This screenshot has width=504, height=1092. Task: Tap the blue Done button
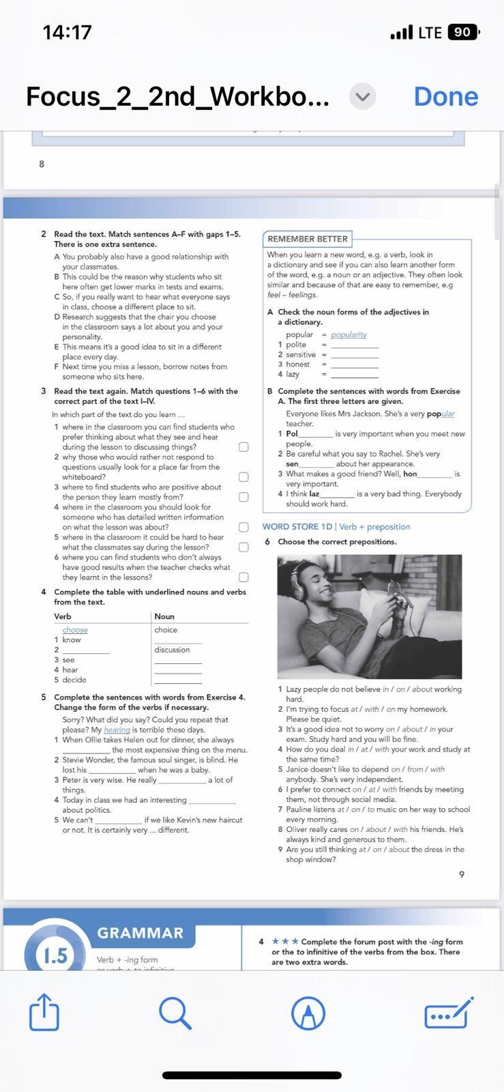[445, 96]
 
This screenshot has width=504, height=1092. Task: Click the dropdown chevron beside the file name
[363, 97]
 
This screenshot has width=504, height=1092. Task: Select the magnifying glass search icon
[175, 1012]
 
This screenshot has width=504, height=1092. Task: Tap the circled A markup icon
[308, 1012]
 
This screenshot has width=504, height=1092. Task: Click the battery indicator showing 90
[463, 32]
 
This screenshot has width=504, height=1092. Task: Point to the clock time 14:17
[67, 32]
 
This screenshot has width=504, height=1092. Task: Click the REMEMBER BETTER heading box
[308, 239]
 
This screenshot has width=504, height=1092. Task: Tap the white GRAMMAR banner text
[140, 932]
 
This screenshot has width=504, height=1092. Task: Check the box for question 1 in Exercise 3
[243, 447]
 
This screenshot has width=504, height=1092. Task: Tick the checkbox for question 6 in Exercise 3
[243, 577]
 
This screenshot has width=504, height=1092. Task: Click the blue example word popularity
[349, 334]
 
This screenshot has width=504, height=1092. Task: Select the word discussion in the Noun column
[172, 650]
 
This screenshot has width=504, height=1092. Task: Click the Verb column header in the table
[63, 616]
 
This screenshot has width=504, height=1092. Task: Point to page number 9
[462, 874]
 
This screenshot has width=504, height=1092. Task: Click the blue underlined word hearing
[117, 730]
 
